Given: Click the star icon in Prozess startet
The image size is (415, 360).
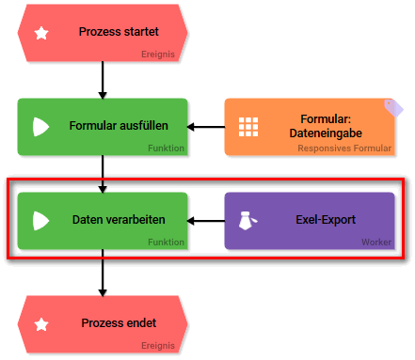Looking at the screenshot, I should coord(41,33).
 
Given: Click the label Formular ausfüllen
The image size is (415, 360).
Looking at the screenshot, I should coord(119,126).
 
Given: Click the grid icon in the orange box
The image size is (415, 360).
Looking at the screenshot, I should coord(248,127).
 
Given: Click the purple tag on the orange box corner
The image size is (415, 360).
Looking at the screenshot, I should coord(395,106).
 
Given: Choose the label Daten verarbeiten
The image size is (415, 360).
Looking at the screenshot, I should coord(119,221).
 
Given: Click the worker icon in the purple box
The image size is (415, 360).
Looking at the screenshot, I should coord(247,221).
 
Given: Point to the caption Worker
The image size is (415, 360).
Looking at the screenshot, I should coord(376,243).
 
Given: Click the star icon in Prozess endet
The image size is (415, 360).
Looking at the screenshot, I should coord(41,324).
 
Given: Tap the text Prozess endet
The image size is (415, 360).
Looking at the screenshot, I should coord(117,324).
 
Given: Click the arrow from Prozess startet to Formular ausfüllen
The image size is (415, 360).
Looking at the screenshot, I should coord(103,80).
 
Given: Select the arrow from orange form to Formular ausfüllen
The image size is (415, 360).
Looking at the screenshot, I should coord(206,127).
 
